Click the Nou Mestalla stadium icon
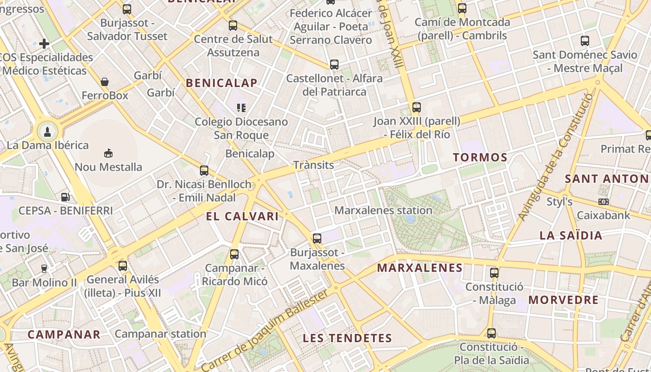coord(108,153)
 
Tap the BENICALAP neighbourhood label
coord(221,83)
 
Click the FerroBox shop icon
coord(105,82)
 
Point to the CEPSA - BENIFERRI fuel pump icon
coord(66,197)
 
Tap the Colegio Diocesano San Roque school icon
coord(241,108)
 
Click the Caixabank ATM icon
coord(604,202)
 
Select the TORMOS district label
coord(480,157)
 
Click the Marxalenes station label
coord(383,210)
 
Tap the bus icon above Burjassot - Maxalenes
coord(317,239)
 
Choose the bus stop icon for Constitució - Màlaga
coord(494,273)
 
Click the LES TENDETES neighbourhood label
coord(347,338)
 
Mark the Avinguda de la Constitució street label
coord(556,156)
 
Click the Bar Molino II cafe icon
coord(44,268)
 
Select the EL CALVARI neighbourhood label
coord(242,216)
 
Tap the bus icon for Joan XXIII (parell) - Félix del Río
coord(417,107)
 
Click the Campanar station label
coord(160,333)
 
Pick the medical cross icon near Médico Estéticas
coord(44,44)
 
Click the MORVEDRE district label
coord(563,300)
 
